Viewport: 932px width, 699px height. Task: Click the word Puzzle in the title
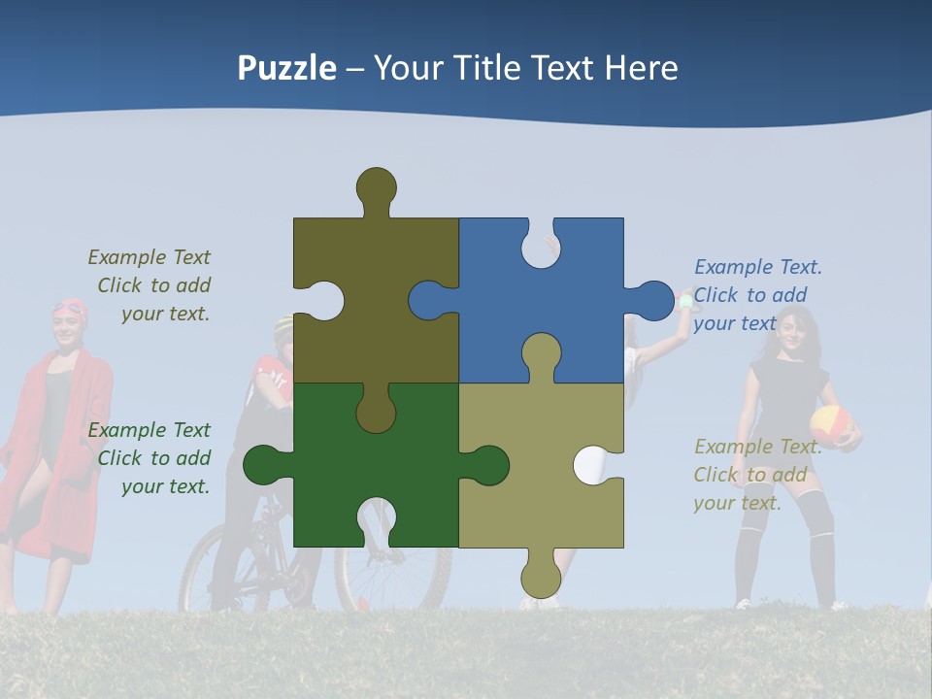click(x=287, y=68)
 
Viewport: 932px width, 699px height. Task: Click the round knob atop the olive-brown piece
click(x=377, y=187)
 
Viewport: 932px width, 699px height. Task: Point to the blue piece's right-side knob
click(x=652, y=300)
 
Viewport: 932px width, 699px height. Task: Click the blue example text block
click(x=757, y=295)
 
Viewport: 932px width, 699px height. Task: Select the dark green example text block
click(x=150, y=458)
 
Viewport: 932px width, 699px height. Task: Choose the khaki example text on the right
click(x=756, y=475)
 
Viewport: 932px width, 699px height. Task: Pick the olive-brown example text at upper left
click(x=150, y=285)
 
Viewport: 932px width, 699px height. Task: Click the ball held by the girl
click(x=831, y=424)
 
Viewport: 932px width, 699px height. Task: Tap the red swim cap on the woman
click(x=70, y=310)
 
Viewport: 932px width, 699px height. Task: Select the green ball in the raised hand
click(x=687, y=302)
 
